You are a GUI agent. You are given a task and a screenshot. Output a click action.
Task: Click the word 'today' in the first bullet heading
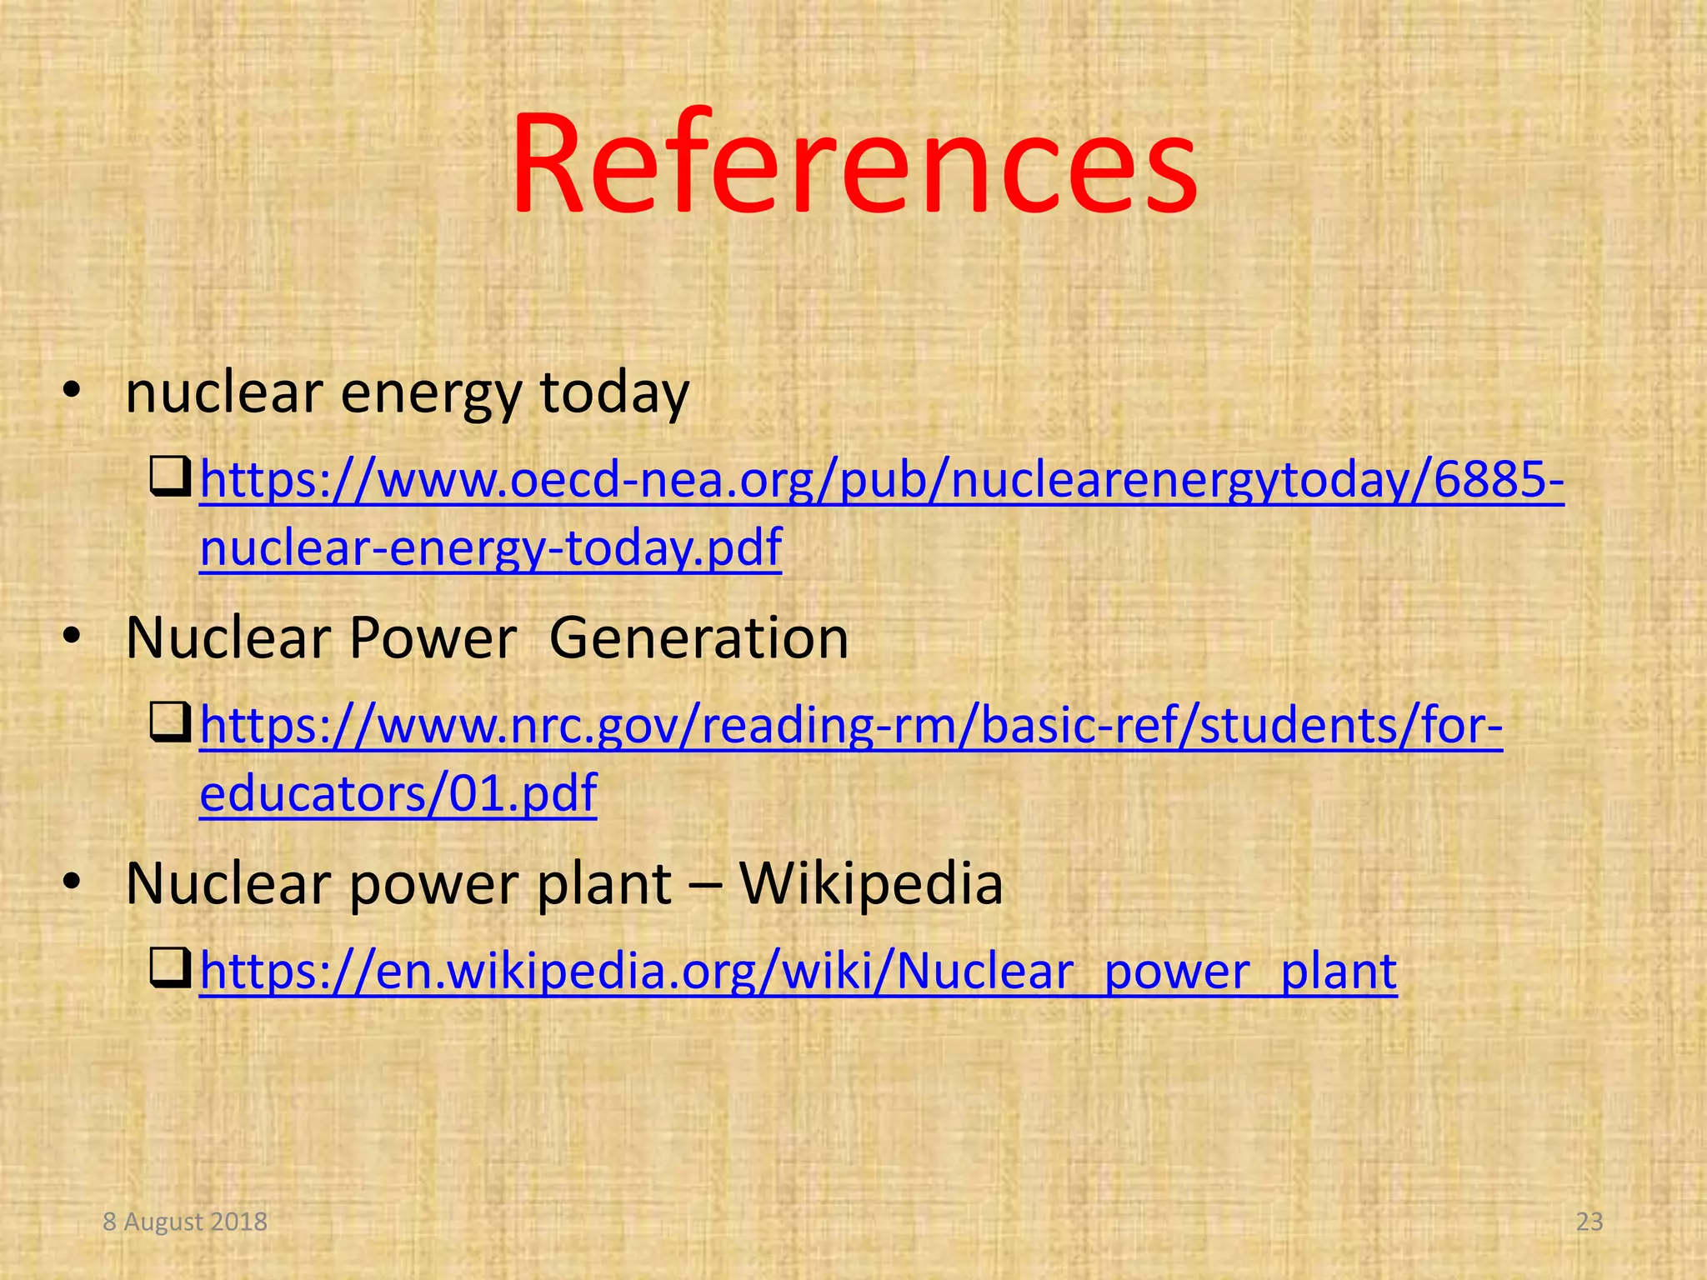(614, 392)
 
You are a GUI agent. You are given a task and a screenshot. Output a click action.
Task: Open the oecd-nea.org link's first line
(882, 481)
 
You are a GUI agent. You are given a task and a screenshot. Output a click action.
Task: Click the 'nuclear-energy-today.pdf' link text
(491, 547)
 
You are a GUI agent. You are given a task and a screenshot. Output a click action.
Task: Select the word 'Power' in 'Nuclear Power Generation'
(433, 638)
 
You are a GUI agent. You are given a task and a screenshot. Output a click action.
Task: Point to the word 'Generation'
(698, 638)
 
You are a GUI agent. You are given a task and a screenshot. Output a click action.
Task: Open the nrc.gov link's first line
(851, 725)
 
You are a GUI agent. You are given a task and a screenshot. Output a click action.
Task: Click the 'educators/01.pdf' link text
(398, 792)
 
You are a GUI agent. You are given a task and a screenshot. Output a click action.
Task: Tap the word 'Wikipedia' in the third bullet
(871, 883)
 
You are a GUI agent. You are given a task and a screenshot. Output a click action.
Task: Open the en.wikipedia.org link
(798, 972)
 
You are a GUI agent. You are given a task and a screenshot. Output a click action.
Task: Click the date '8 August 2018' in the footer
(185, 1222)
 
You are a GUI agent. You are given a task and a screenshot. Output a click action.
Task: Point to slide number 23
(1589, 1222)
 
